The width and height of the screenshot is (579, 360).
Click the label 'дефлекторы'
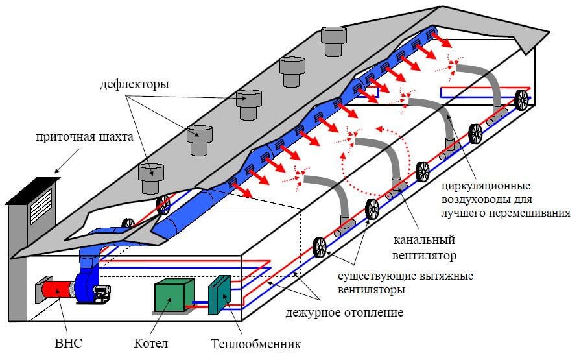pos(135,84)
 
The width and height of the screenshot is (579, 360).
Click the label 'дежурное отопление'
pos(344,313)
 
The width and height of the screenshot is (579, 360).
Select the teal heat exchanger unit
pos(220,295)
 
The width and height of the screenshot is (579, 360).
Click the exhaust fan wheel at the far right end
pos(522,100)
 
